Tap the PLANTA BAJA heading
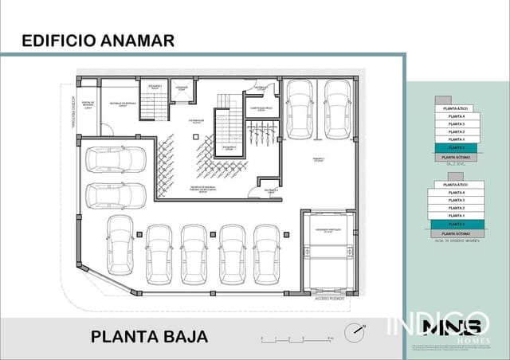[149, 336]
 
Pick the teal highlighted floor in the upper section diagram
[456, 148]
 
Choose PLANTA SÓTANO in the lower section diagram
[456, 233]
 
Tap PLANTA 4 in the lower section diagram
[456, 192]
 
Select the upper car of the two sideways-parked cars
[115, 159]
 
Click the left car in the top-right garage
[300, 109]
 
